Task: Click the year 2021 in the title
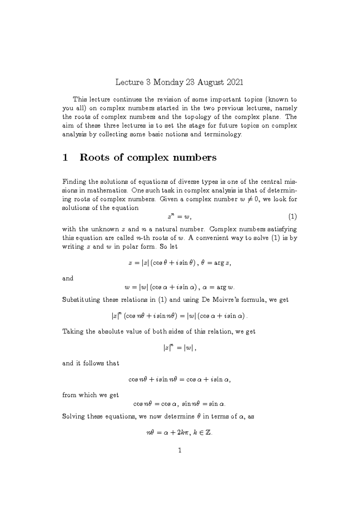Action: point(235,82)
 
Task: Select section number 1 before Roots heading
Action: point(64,158)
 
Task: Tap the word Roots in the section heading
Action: point(94,158)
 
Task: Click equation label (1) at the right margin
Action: point(292,217)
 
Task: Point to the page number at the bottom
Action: point(180,450)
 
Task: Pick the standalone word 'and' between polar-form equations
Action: point(67,278)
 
